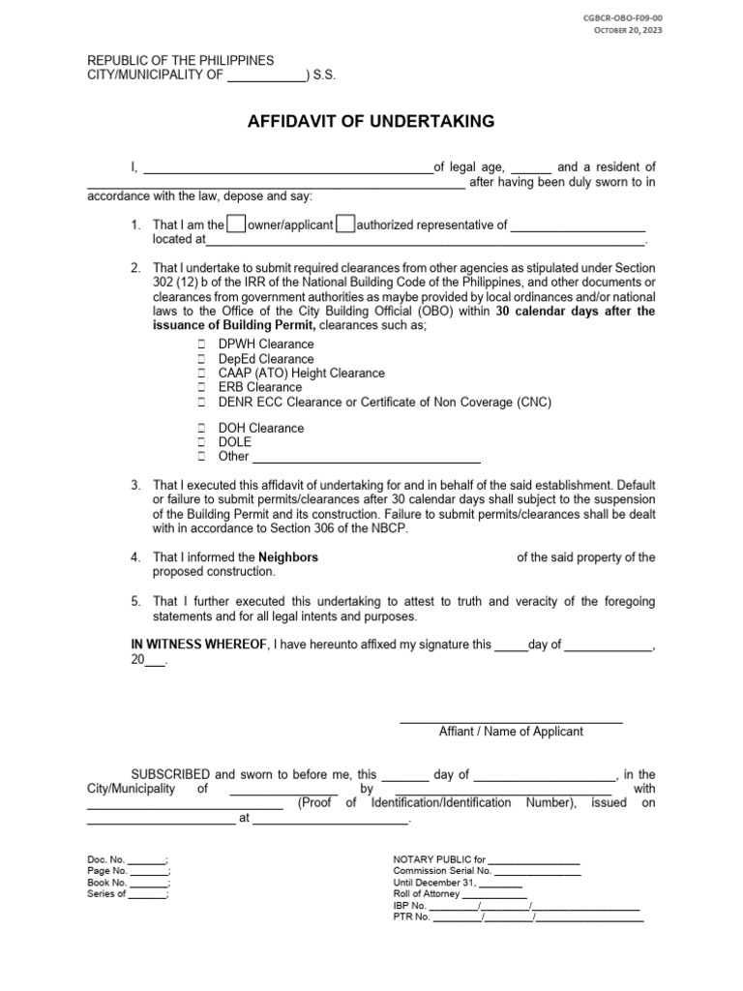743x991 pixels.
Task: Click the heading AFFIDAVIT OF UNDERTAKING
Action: [371, 121]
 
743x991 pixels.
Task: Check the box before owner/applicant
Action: [235, 225]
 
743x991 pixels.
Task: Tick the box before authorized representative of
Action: [345, 225]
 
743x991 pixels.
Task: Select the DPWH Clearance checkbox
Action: [201, 345]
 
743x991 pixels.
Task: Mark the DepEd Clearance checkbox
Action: [201, 359]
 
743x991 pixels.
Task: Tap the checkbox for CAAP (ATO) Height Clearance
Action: [201, 374]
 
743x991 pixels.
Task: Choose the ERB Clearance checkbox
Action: [201, 387]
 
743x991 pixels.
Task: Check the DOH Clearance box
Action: [201, 428]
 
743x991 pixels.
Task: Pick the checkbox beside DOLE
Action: [201, 442]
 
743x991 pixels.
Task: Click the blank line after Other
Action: [366, 458]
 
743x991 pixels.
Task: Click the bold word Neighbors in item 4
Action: [287, 557]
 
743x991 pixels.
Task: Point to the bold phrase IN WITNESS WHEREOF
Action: [198, 645]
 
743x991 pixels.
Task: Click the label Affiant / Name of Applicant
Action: [511, 732]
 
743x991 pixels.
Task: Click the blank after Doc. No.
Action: [147, 860]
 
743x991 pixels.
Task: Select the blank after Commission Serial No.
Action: [538, 871]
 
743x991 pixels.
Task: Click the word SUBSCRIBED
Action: [171, 775]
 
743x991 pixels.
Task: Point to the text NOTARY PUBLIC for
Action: [438, 859]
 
